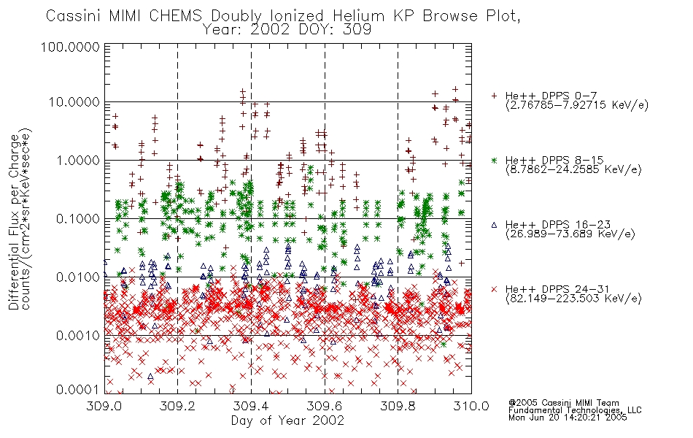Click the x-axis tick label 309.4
(x=251, y=405)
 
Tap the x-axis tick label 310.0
(x=471, y=405)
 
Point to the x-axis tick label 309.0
(x=104, y=405)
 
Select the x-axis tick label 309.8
(x=398, y=405)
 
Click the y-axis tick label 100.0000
(x=70, y=47)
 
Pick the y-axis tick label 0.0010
(x=78, y=336)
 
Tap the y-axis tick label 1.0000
(x=78, y=160)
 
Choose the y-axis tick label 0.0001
(x=78, y=390)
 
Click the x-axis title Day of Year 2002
(x=287, y=420)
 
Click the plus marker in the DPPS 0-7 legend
(x=494, y=96)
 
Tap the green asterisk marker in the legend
(x=494, y=161)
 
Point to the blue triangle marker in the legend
(x=494, y=225)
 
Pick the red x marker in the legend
(x=494, y=289)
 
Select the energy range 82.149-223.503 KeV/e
(x=573, y=299)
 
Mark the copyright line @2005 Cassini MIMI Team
(x=563, y=403)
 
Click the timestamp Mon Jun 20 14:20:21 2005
(x=568, y=418)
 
